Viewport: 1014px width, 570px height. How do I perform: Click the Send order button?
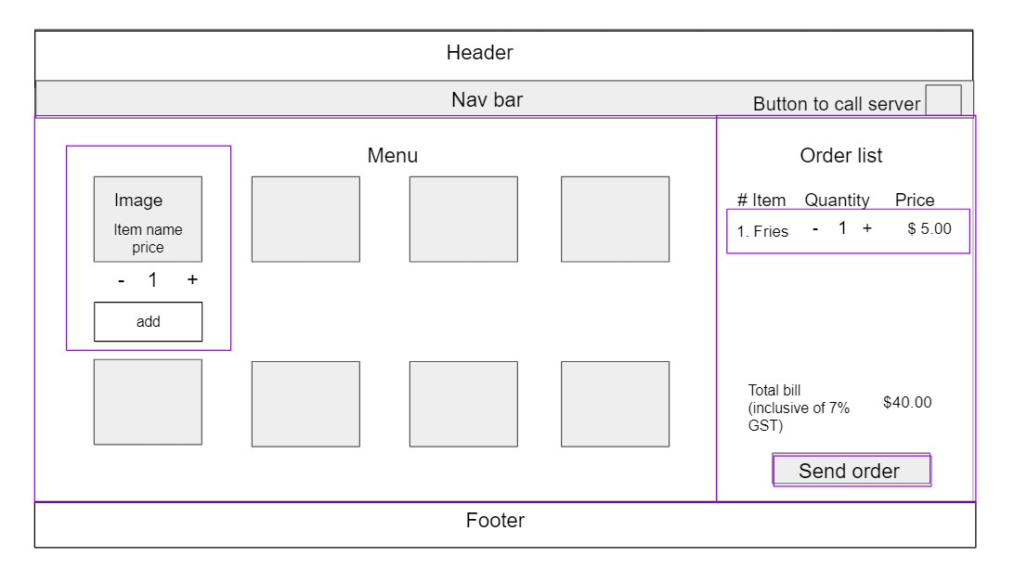tap(851, 470)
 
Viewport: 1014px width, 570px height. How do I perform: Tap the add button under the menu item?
tap(148, 321)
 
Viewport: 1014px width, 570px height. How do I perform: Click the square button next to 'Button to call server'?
tap(942, 100)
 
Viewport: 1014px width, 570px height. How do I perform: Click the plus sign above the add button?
tap(192, 279)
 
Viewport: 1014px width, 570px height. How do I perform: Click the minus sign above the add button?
tap(121, 280)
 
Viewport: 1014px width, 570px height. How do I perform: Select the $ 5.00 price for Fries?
tap(929, 228)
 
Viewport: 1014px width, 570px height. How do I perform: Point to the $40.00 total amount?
tap(907, 402)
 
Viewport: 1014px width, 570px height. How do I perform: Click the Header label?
tap(479, 52)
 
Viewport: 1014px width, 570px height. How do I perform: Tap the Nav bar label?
tap(487, 99)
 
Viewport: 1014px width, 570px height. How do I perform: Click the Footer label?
tap(495, 520)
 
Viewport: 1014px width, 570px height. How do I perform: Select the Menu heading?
tap(393, 155)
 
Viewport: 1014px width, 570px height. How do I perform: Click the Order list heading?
tap(840, 155)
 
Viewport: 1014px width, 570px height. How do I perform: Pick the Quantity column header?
tap(837, 200)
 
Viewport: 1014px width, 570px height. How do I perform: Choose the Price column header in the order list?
tap(915, 200)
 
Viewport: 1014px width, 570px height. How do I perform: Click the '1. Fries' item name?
tap(762, 231)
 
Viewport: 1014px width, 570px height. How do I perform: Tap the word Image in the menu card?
tap(138, 201)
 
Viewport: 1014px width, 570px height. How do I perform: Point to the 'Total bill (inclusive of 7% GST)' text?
tap(799, 408)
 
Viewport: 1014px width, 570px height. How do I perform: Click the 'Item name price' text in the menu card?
tap(148, 239)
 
